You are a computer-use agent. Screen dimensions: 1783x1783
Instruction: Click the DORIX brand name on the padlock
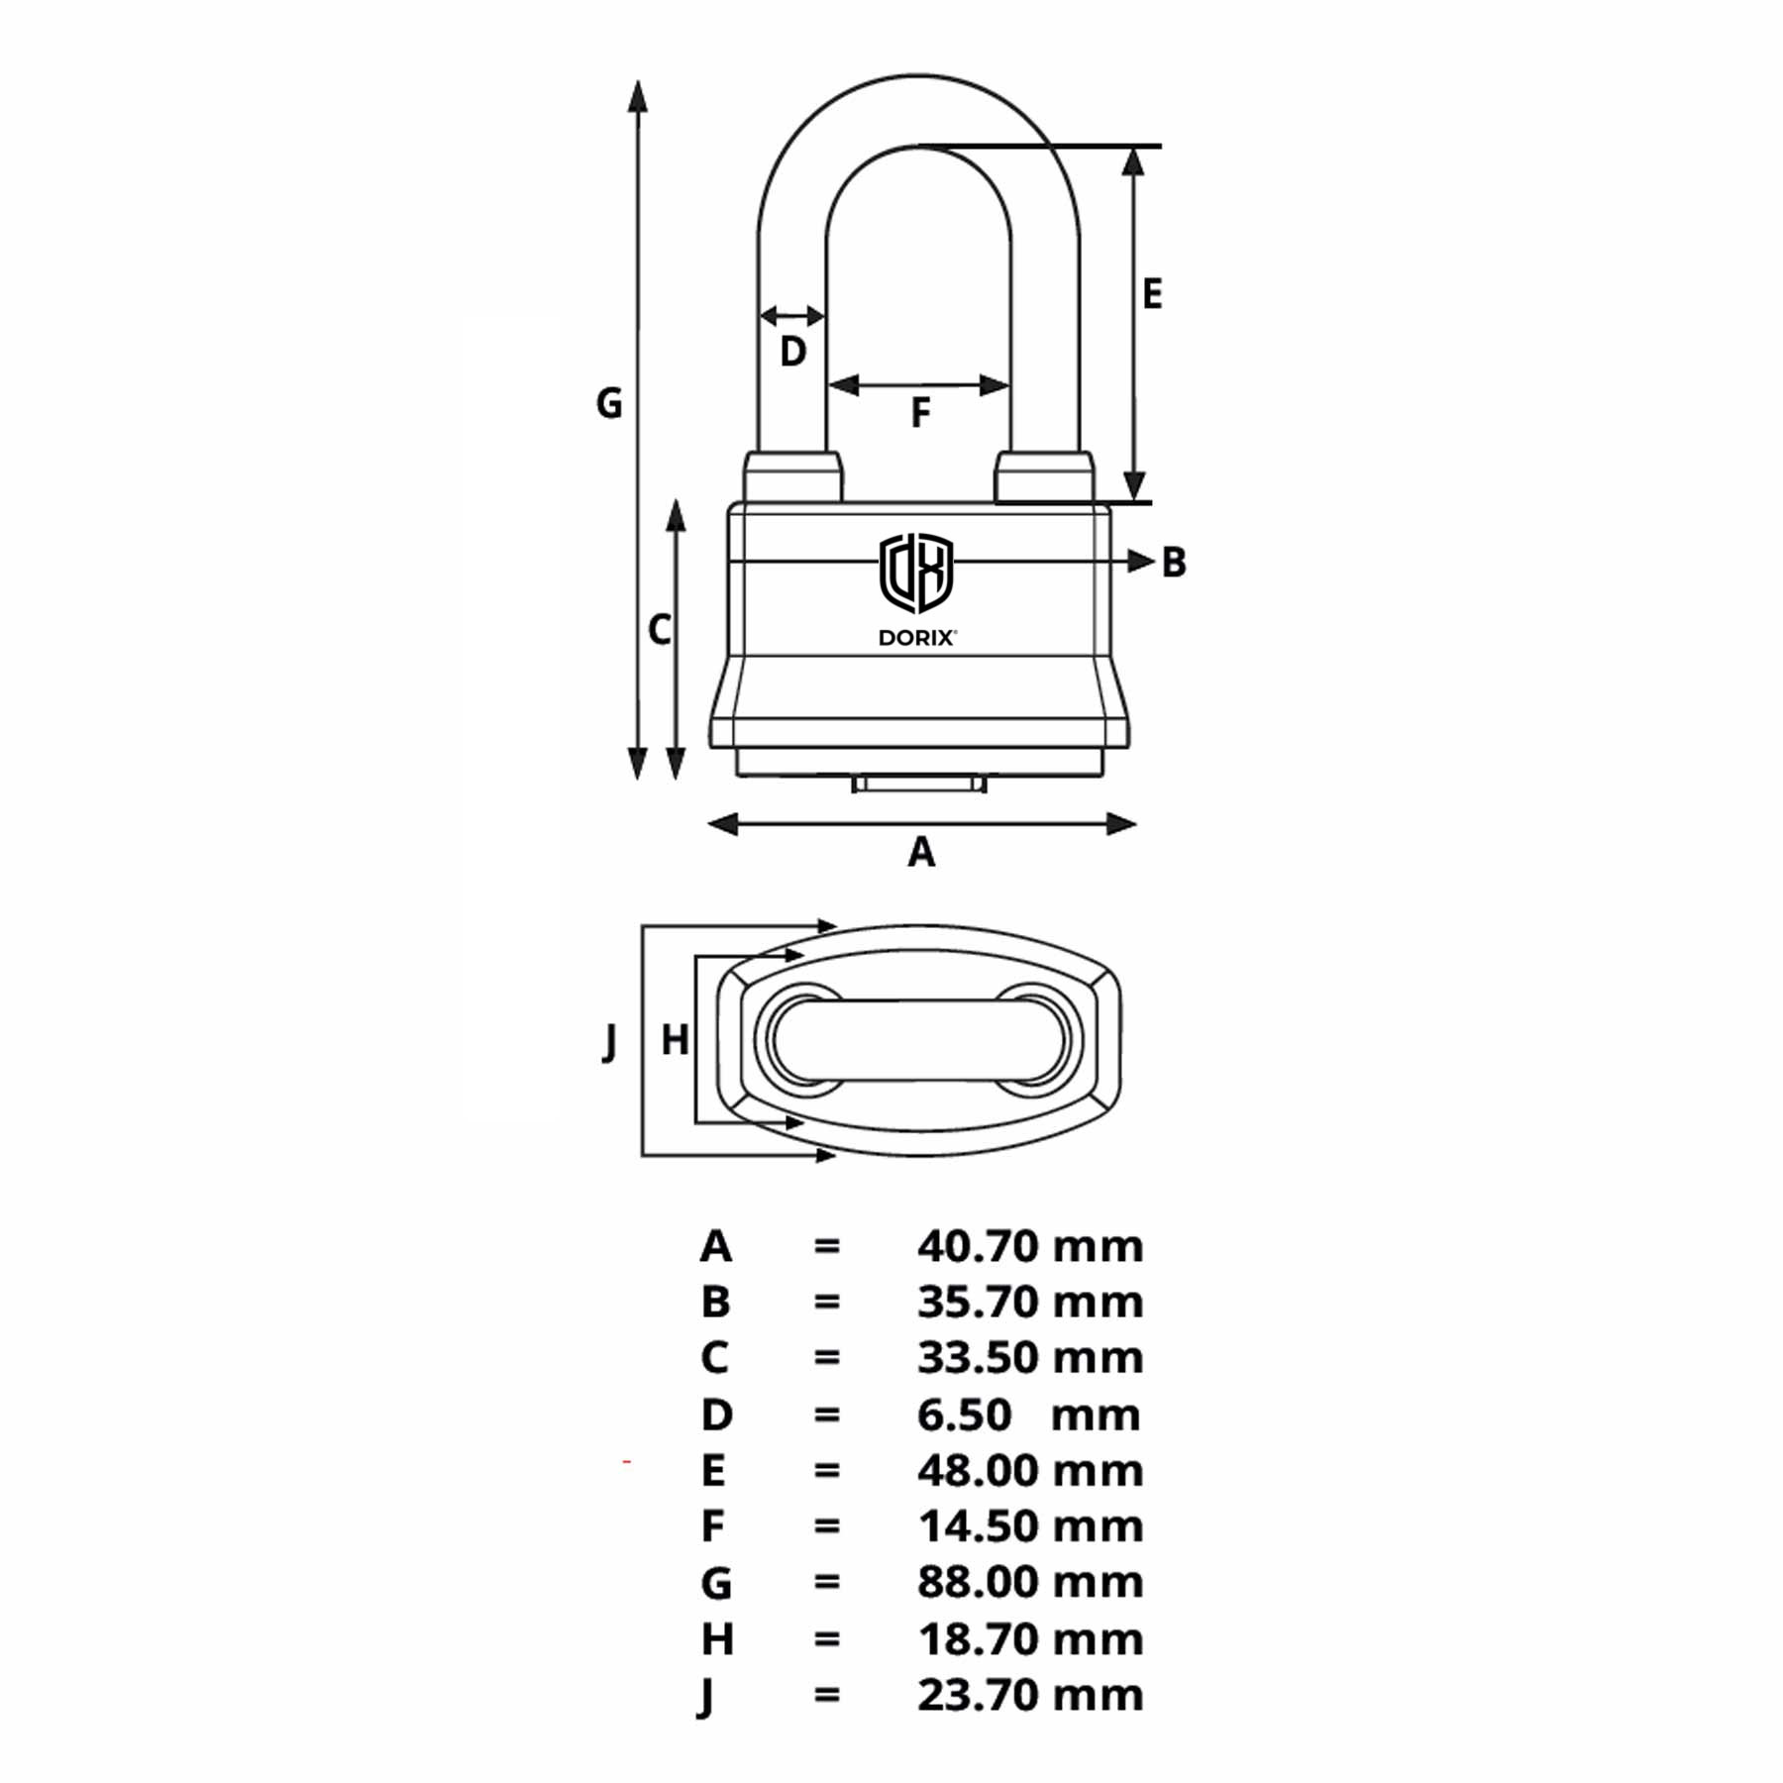point(917,638)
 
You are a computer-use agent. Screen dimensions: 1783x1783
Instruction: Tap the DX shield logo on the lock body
point(916,573)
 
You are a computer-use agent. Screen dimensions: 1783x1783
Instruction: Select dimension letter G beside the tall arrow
point(609,403)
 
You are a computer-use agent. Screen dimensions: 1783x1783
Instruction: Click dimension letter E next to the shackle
point(1151,294)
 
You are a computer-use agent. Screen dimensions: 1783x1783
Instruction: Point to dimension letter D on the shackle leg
point(792,352)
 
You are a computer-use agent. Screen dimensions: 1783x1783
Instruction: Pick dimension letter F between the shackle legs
point(920,413)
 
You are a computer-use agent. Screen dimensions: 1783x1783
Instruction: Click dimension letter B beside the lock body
point(1174,563)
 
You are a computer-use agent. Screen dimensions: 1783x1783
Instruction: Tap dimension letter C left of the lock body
point(660,630)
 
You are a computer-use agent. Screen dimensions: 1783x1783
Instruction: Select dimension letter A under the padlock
point(921,852)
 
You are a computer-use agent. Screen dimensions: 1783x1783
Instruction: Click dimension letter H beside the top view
point(675,1040)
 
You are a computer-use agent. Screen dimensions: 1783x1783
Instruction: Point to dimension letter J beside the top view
point(610,1042)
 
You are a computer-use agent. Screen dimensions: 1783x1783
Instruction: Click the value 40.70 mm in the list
point(1030,1246)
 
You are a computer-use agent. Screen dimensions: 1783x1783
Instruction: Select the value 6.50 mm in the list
point(1028,1415)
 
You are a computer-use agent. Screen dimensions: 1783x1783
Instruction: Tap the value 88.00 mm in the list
point(1030,1582)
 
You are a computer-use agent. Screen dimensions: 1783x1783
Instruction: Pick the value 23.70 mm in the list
point(1030,1695)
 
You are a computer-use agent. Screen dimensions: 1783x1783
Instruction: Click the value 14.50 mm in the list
point(1030,1526)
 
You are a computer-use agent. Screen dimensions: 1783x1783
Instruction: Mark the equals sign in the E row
point(827,1471)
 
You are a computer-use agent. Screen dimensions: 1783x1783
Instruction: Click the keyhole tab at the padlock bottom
point(919,785)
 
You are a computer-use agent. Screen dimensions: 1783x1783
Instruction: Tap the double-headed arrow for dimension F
point(919,384)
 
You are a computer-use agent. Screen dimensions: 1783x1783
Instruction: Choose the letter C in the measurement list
point(715,1358)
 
